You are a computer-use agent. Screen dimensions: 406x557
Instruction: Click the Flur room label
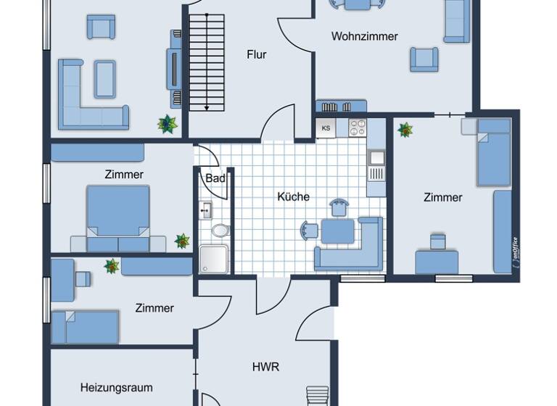click(256, 54)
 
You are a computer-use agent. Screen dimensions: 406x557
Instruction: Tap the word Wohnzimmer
click(364, 36)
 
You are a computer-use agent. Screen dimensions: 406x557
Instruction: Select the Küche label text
click(293, 196)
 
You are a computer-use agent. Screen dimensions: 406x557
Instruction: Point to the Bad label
click(215, 178)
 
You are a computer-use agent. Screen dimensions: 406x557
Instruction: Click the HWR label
click(265, 367)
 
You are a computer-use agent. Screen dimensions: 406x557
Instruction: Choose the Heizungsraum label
click(116, 388)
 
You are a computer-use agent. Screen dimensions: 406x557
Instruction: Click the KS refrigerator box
click(326, 128)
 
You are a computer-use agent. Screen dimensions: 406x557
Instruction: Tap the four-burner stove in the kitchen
click(358, 128)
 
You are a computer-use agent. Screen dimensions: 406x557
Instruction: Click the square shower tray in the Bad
click(213, 260)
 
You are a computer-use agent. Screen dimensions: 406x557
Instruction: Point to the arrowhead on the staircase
click(207, 107)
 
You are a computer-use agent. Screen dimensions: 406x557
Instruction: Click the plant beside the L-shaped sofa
click(168, 124)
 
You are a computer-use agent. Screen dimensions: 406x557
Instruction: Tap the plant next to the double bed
click(181, 241)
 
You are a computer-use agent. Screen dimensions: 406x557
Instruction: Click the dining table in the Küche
click(337, 231)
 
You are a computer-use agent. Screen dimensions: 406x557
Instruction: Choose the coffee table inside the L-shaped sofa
click(104, 79)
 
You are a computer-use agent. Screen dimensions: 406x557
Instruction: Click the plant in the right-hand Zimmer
click(405, 130)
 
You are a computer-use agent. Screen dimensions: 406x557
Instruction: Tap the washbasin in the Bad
click(206, 211)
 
